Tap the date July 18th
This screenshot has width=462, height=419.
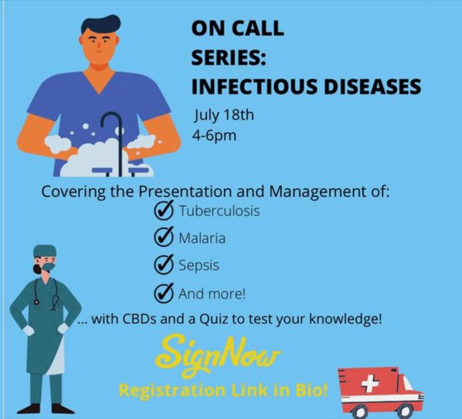224,115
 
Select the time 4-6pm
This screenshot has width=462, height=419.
214,136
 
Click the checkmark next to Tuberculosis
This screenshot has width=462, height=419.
164,210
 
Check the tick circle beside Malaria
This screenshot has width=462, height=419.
164,237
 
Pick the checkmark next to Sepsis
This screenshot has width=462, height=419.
164,265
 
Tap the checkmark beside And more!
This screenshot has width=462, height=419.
164,293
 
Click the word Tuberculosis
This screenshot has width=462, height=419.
220,211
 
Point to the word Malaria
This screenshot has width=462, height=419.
202,238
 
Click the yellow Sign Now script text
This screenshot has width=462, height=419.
218,356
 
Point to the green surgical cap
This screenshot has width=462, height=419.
44,251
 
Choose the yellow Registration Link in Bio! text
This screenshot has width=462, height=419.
223,391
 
